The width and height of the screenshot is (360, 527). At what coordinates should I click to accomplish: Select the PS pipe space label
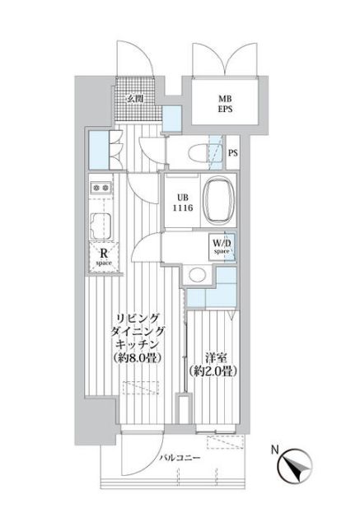click(x=234, y=152)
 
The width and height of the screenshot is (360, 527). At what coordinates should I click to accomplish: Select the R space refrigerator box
click(x=106, y=258)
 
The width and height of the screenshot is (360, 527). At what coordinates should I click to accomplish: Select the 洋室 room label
click(x=216, y=357)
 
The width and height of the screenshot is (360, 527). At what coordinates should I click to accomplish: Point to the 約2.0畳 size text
click(x=216, y=371)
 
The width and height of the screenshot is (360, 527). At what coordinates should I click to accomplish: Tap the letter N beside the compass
click(x=274, y=450)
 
